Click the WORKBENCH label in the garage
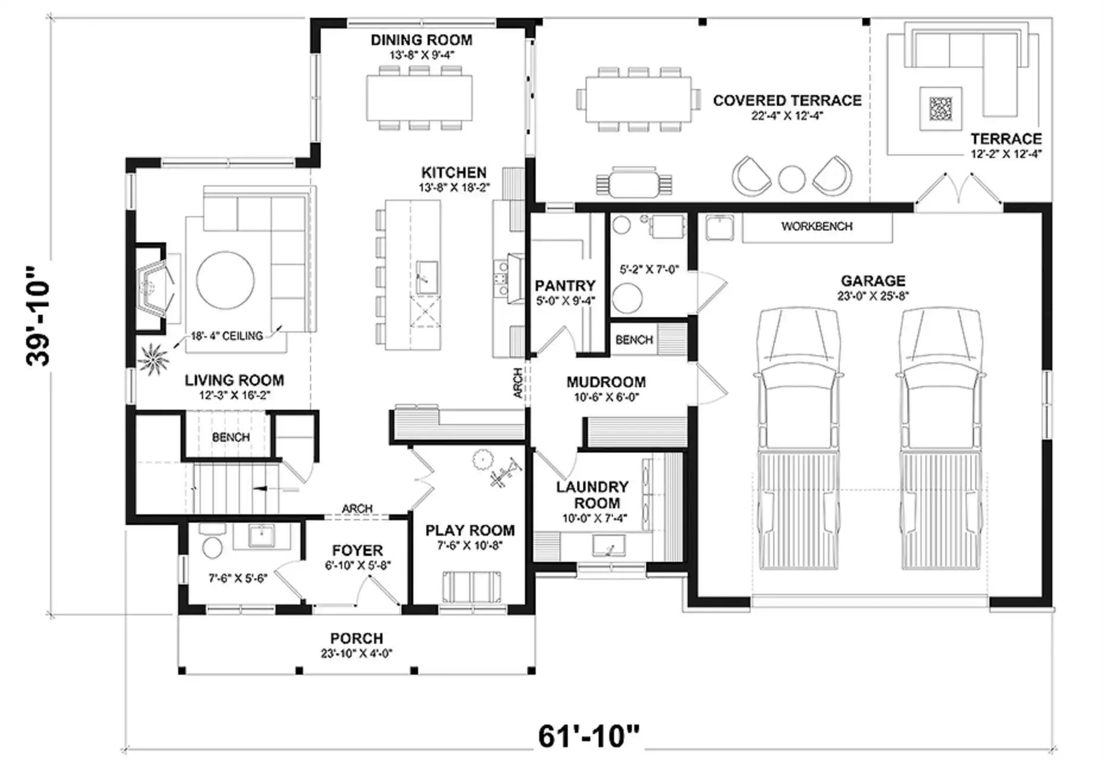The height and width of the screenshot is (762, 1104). click(817, 226)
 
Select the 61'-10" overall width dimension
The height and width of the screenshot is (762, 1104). click(589, 736)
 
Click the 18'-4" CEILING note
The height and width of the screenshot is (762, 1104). click(227, 336)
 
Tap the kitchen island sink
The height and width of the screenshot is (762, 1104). click(426, 277)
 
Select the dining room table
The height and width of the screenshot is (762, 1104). click(420, 97)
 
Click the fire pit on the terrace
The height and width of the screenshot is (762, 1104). click(940, 109)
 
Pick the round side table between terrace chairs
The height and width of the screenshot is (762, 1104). click(792, 178)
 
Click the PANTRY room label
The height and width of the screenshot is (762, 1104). click(565, 286)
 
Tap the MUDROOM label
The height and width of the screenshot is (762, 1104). click(606, 382)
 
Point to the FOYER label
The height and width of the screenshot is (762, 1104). click(358, 551)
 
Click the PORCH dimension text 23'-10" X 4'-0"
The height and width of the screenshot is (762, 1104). click(356, 654)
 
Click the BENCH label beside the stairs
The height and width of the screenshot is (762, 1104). click(231, 437)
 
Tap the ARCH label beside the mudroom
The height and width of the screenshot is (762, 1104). click(517, 383)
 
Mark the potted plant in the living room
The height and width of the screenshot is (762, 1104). click(153, 359)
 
